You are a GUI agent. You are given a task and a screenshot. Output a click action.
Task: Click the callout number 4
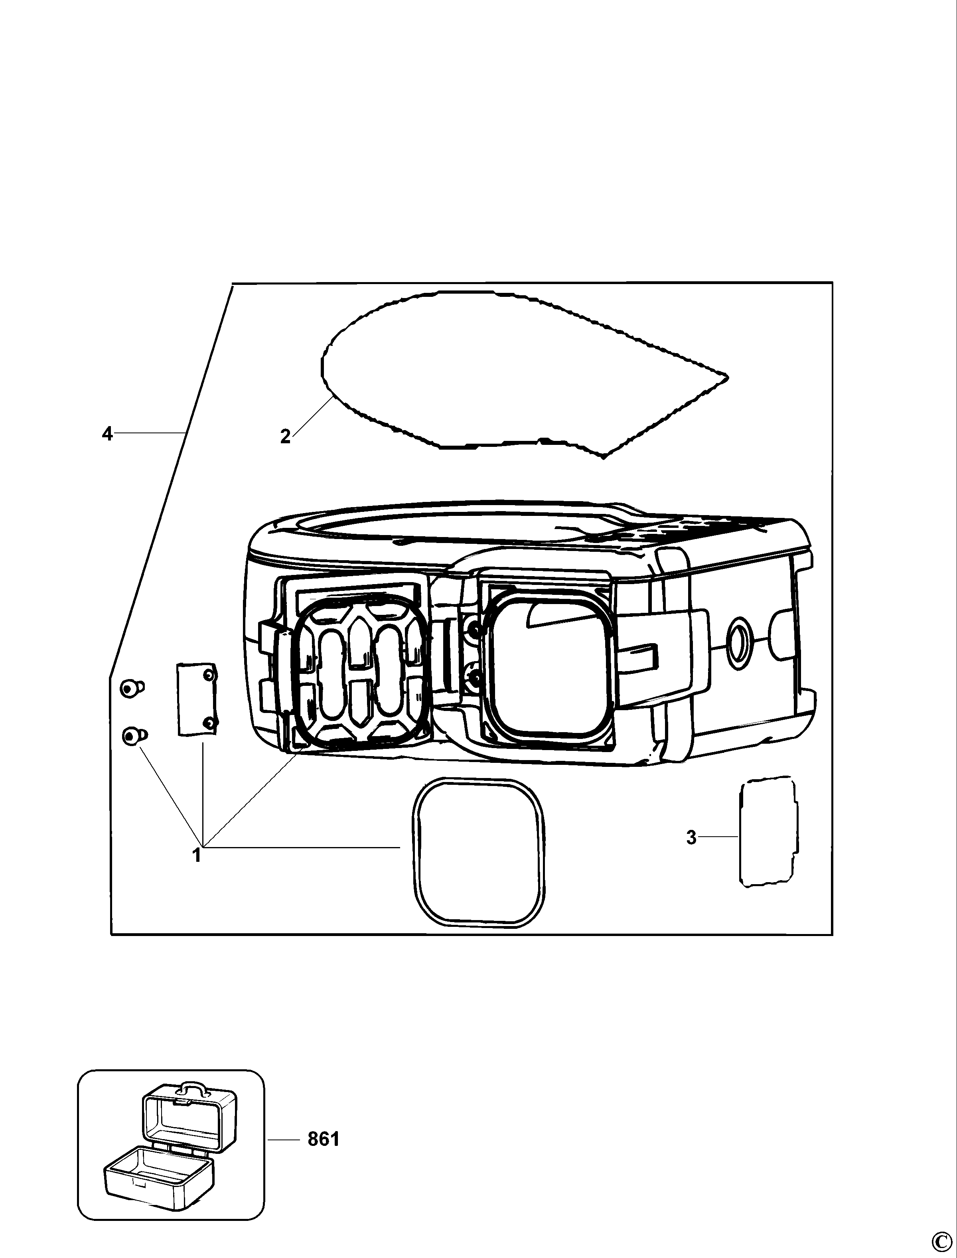pos(107,434)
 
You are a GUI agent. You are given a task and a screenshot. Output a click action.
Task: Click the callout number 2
pos(285,437)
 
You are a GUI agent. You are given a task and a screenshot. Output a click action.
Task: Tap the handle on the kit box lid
pos(190,1087)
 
